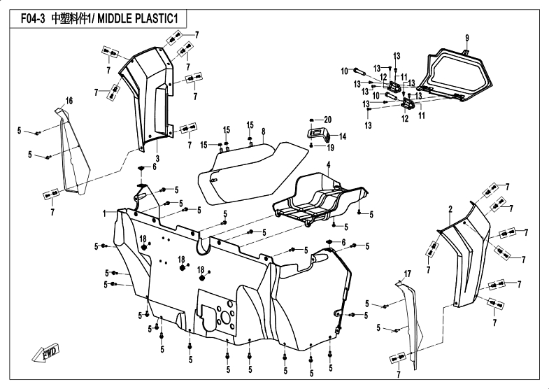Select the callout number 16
tap(69, 101)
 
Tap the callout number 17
tap(406, 271)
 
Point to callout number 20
tap(328, 120)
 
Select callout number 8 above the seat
tap(263, 131)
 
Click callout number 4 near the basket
tap(327, 164)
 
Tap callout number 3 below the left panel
tap(157, 159)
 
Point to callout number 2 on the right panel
tap(450, 209)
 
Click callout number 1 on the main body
tap(104, 212)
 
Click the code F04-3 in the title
tap(34, 20)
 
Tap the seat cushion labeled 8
tap(252, 168)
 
